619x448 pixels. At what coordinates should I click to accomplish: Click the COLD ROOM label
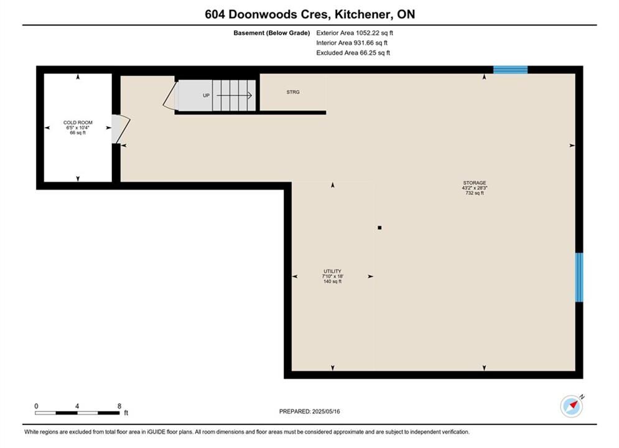point(78,123)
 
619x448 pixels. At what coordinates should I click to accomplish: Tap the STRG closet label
point(293,92)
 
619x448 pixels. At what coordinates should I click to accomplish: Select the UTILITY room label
point(332,271)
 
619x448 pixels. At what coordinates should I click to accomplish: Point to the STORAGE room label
point(475,183)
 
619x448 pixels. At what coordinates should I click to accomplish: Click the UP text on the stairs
point(206,96)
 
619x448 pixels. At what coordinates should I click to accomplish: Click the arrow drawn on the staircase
point(234,95)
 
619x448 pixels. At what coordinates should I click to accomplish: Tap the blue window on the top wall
point(510,70)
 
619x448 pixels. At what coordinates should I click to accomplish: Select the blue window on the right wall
point(579,278)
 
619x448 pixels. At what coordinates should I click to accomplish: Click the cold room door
point(121,129)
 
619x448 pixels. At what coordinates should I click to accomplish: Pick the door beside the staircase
point(170,96)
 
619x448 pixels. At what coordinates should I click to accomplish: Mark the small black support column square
point(379,228)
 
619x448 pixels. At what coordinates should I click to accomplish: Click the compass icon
point(572,406)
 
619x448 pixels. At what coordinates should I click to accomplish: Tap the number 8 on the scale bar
point(119,406)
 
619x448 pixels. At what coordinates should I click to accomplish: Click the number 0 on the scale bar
point(36,406)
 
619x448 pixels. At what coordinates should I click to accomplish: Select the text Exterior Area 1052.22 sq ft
point(355,33)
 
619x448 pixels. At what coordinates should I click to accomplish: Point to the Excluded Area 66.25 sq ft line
point(353,53)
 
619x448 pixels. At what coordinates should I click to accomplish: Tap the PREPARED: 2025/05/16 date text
point(310,411)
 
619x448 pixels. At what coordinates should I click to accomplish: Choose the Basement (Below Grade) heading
point(272,33)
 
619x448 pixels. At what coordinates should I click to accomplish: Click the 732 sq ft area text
point(475,193)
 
